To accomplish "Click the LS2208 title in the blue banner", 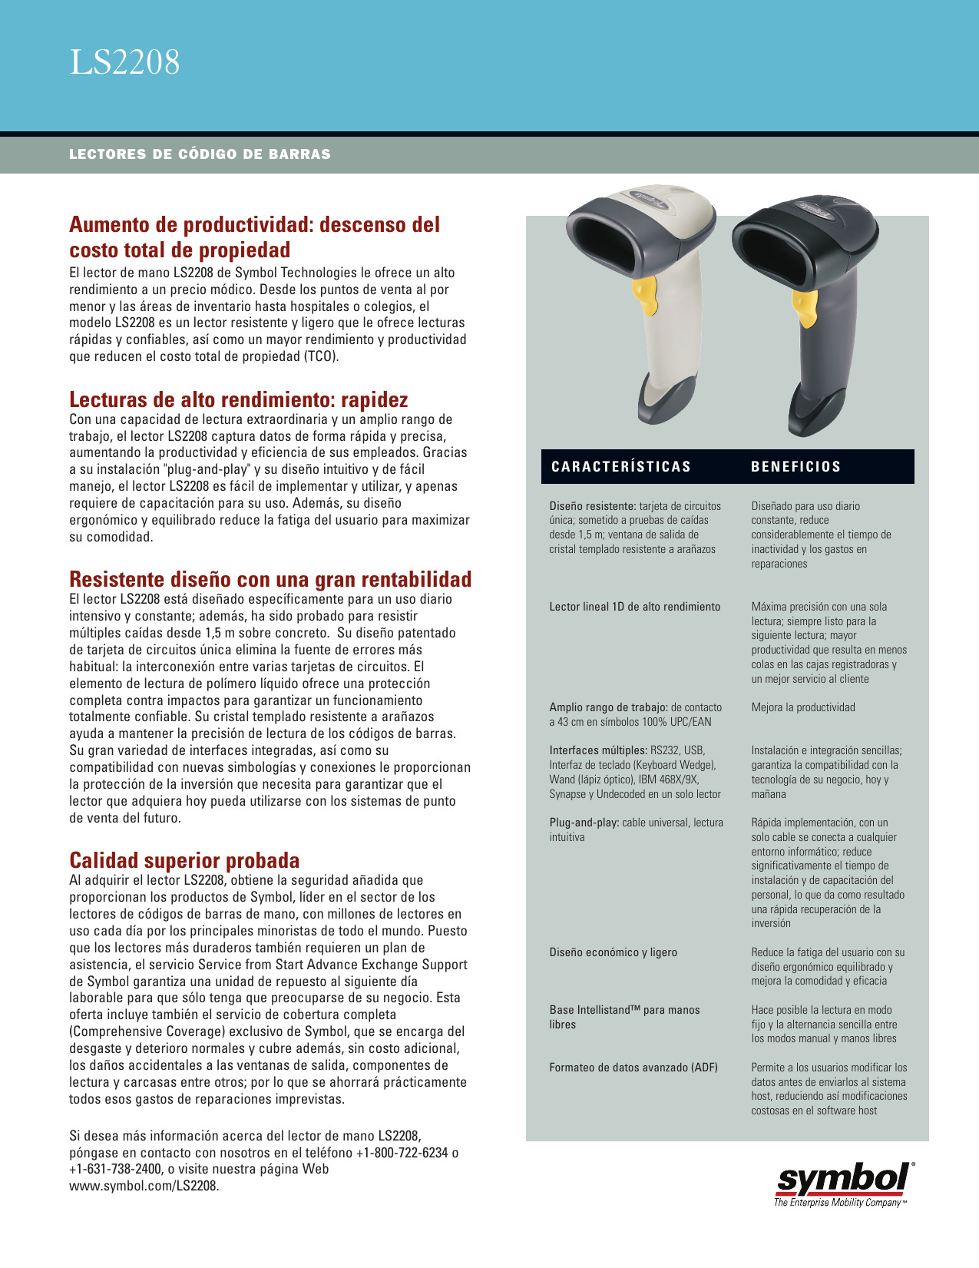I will pos(124,63).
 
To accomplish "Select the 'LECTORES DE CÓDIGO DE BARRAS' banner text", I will pos(200,154).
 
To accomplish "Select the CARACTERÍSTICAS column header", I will pos(621,466).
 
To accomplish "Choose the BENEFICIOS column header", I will pos(795,466).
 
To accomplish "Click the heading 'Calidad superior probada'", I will pos(184,860).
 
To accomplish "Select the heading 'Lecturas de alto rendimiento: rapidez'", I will pos(238,399).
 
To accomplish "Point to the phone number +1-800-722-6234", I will pos(402,1153).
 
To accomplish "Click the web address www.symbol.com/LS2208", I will pos(144,1186).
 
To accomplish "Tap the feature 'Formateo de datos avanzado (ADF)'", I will pos(633,1068).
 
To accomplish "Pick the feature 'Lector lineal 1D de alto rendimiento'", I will pos(635,607).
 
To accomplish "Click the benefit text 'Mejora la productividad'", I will pos(802,707).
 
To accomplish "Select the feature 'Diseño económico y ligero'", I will pos(614,952).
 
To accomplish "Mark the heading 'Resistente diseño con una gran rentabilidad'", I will pos(270,579).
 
